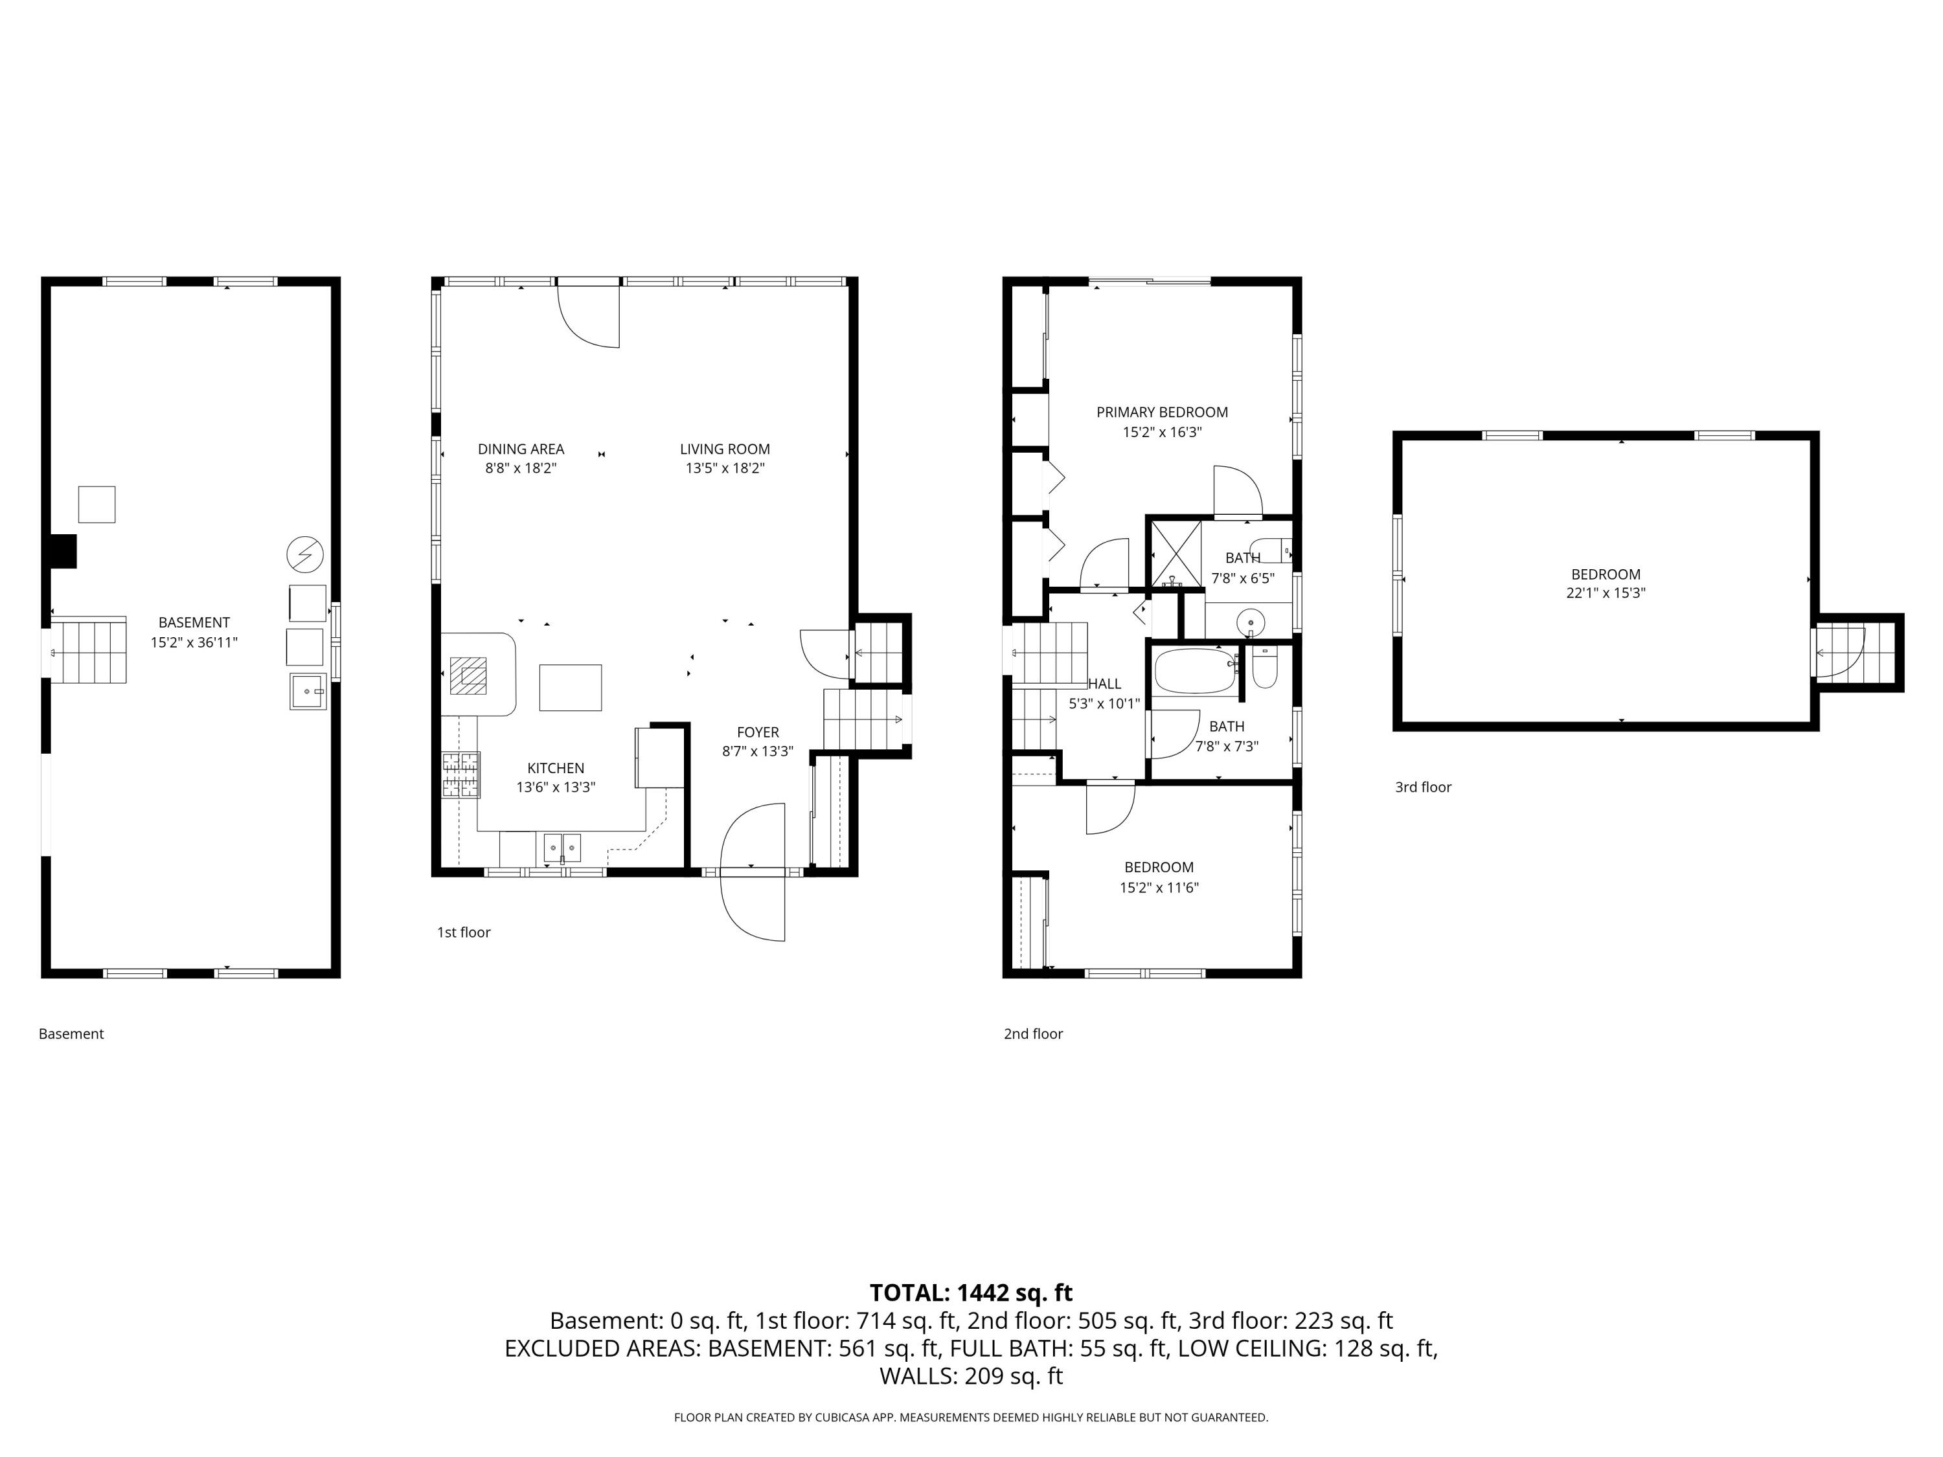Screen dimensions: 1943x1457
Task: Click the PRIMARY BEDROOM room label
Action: tap(1161, 412)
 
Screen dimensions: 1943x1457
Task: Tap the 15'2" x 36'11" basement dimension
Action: tap(194, 642)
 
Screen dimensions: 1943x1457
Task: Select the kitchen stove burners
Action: tap(461, 774)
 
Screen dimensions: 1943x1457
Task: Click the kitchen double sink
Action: tap(562, 848)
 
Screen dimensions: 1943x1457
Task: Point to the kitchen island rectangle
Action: tap(570, 688)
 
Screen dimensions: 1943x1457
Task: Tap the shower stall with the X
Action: tap(1176, 554)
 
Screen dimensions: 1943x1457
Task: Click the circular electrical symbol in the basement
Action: tap(305, 554)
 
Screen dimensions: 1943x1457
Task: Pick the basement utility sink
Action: tap(308, 691)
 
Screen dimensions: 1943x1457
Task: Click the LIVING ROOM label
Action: tap(725, 449)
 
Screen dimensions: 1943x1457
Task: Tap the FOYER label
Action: tap(757, 732)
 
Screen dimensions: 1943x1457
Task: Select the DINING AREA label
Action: tap(521, 449)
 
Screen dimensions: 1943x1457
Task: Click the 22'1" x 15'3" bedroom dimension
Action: tap(1606, 593)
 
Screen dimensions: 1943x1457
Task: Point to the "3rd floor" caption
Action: tap(1423, 787)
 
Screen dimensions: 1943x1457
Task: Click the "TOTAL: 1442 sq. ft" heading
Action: tap(971, 1293)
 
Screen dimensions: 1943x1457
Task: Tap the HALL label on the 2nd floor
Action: tap(1104, 683)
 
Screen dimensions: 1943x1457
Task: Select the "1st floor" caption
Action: tap(464, 932)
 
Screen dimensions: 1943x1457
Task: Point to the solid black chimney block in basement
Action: tap(63, 552)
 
